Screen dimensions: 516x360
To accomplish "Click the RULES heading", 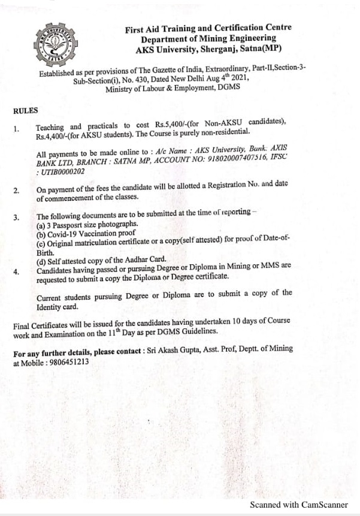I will [25, 110].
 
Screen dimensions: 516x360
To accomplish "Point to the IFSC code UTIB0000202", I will [61, 171].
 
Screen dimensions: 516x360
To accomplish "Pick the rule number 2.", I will [16, 191].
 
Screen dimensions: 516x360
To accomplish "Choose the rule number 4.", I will [16, 271].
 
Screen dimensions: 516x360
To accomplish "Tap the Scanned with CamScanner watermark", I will [298, 505].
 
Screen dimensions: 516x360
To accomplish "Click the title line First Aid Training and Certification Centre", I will [208, 28].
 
